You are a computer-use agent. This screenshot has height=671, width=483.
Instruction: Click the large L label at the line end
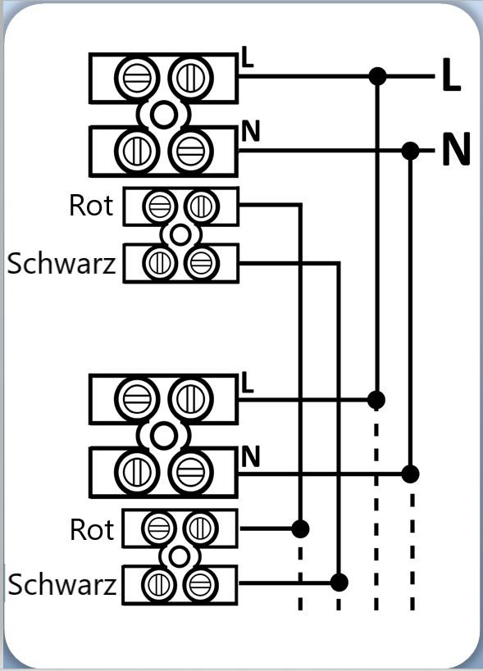[451, 75]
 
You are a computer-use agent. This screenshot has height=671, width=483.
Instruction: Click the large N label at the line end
[456, 149]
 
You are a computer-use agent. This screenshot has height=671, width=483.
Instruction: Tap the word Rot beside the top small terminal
[91, 206]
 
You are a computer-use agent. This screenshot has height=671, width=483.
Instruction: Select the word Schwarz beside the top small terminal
[62, 263]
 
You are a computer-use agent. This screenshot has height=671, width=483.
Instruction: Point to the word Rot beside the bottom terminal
[92, 529]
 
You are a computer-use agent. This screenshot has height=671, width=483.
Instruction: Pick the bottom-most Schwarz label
[62, 584]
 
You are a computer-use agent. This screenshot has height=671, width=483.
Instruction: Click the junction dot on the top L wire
[377, 76]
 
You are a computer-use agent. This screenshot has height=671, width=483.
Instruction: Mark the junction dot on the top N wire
[411, 151]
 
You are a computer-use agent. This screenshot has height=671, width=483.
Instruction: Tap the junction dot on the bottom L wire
[376, 400]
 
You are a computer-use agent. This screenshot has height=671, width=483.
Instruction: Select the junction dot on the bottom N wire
[410, 474]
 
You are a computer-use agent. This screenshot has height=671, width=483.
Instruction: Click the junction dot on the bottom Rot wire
[300, 529]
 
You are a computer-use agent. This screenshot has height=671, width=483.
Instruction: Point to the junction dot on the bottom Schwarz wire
[339, 583]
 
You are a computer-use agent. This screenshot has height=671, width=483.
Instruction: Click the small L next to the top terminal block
[247, 57]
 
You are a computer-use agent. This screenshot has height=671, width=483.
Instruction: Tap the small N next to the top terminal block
[251, 131]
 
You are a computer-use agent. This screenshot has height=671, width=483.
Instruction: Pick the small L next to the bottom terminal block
[247, 382]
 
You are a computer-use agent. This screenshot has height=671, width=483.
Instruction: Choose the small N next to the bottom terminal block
[251, 456]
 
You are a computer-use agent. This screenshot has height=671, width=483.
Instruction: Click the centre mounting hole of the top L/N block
[163, 115]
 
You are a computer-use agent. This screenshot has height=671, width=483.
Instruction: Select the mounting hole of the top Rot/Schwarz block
[180, 235]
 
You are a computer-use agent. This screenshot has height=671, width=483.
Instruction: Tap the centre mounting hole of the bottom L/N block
[163, 436]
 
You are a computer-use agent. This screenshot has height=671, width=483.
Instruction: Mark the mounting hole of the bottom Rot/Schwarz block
[179, 557]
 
